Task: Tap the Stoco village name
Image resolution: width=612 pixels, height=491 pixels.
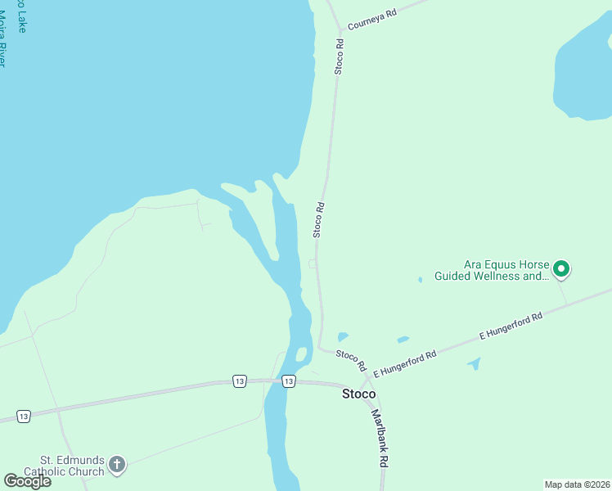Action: pos(358,394)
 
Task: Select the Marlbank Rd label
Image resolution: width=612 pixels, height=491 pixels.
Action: pos(379,438)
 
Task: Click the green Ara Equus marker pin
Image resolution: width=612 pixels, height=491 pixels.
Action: pos(561,268)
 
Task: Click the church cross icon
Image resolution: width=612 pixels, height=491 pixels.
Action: pos(117,466)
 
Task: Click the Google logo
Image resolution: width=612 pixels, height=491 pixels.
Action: pos(27,481)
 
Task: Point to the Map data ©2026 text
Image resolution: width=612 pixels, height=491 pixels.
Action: pos(577,484)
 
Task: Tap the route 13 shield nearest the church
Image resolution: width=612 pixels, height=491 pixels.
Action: pos(24,417)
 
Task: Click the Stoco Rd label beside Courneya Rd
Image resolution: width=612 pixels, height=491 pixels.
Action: pos(338,56)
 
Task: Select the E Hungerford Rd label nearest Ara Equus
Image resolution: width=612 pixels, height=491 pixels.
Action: pos(511,325)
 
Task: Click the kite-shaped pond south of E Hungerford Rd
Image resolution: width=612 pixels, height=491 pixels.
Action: pos(475,363)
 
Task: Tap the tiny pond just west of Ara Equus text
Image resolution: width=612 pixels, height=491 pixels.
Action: pos(421,280)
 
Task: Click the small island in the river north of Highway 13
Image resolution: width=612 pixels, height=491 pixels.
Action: pos(301,354)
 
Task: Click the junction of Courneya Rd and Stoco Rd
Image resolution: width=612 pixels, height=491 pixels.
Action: pos(340,31)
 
